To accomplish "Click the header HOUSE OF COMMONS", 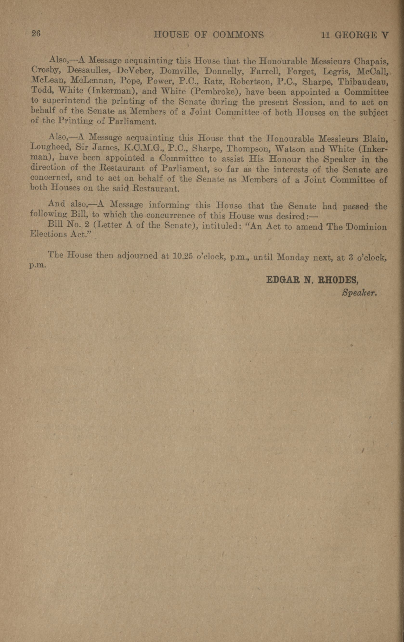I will coord(209,35).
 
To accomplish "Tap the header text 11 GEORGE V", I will coord(355,35).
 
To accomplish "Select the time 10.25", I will coord(182,256).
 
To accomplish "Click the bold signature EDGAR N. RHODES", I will coord(312,280).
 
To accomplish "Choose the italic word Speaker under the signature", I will coord(359,293).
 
